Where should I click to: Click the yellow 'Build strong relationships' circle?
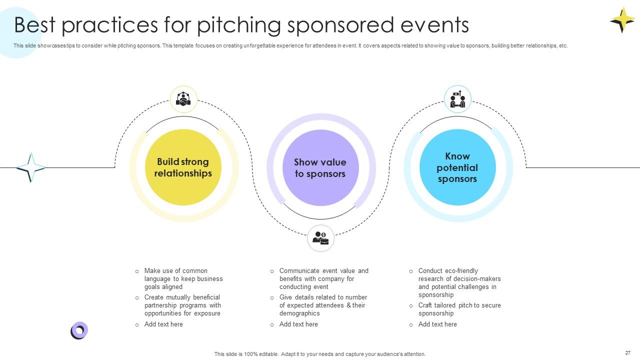(x=183, y=167)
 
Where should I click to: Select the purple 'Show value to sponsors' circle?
(x=320, y=167)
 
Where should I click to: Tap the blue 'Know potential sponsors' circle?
(x=457, y=167)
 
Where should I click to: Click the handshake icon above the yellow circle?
(x=183, y=99)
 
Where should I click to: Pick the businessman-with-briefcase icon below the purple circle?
(x=320, y=238)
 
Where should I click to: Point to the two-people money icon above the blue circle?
(x=457, y=99)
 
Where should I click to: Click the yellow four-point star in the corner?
(x=623, y=20)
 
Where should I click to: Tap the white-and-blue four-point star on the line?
(x=31, y=167)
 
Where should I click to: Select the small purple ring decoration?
(x=79, y=330)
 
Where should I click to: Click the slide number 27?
(x=627, y=353)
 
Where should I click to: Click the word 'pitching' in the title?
(x=239, y=25)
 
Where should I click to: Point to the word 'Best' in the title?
(x=34, y=25)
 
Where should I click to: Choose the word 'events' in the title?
(x=434, y=25)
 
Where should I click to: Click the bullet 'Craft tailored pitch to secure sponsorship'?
(x=459, y=309)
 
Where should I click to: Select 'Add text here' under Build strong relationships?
(x=163, y=324)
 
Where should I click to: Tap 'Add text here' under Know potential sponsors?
(x=437, y=324)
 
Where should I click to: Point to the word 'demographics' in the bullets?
(x=299, y=313)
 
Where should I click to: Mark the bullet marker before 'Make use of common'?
(x=137, y=271)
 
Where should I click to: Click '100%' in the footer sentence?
(x=251, y=354)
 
